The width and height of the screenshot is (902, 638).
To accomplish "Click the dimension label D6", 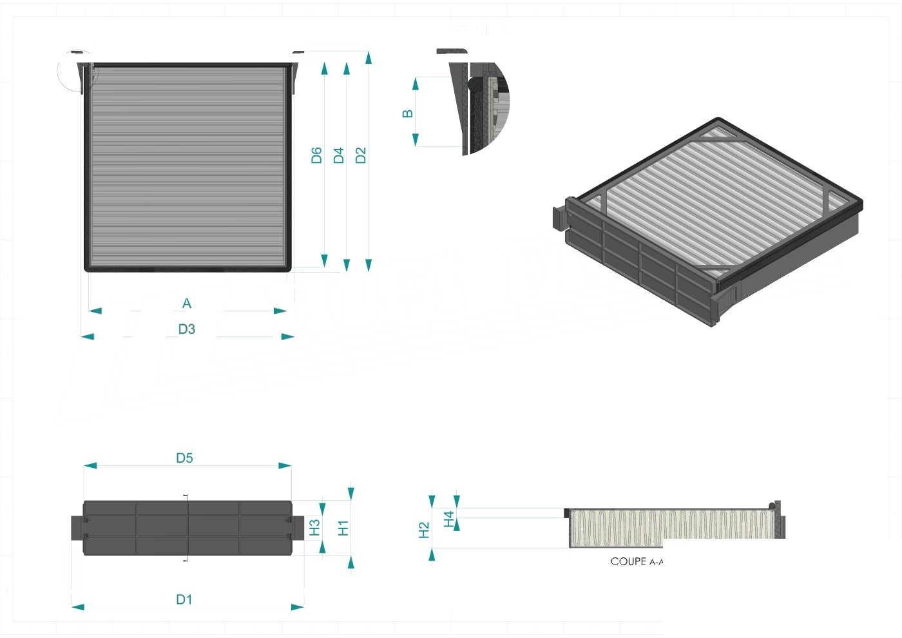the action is click(316, 155).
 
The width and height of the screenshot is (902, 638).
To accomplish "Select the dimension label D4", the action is click(339, 155).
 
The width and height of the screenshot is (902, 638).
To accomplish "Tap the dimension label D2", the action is click(361, 155).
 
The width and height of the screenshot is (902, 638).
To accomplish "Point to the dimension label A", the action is click(186, 304).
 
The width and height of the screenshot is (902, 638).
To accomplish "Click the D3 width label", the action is click(187, 329).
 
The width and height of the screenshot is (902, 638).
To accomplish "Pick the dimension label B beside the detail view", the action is click(407, 113).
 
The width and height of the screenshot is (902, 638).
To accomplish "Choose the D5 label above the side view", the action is click(184, 458).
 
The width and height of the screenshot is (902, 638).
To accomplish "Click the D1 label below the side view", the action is click(184, 600).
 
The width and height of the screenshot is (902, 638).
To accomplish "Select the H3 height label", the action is click(314, 528).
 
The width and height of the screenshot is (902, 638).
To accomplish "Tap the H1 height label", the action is click(343, 528).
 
